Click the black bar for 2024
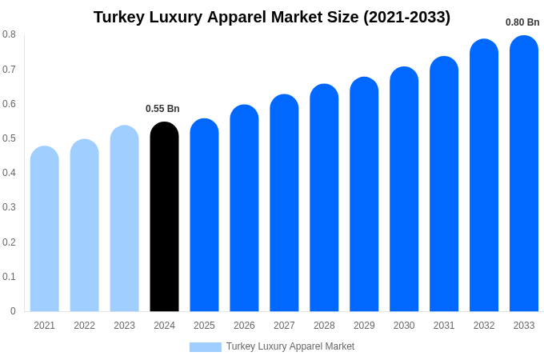(x=164, y=218)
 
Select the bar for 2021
(x=45, y=230)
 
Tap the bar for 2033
(x=524, y=174)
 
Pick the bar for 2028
(x=324, y=198)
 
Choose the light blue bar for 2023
(x=124, y=219)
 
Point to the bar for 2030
(x=404, y=190)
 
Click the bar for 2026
(x=244, y=209)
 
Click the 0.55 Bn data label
(x=162, y=109)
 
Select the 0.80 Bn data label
(x=522, y=22)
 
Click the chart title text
(x=272, y=17)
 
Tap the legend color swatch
(x=205, y=346)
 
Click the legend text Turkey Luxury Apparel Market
(x=290, y=346)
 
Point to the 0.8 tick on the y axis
(x=9, y=34)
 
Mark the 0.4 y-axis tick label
(x=9, y=173)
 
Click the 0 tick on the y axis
(x=13, y=311)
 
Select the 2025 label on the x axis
(x=204, y=326)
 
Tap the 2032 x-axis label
(x=484, y=326)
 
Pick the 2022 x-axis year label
(x=84, y=326)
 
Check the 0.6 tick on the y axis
(x=9, y=104)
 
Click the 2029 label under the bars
(x=364, y=326)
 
